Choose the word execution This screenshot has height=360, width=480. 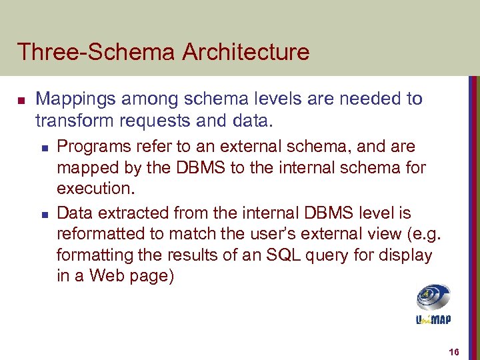[95, 188]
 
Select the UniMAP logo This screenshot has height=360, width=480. [433, 304]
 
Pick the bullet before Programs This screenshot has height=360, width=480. [43, 147]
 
